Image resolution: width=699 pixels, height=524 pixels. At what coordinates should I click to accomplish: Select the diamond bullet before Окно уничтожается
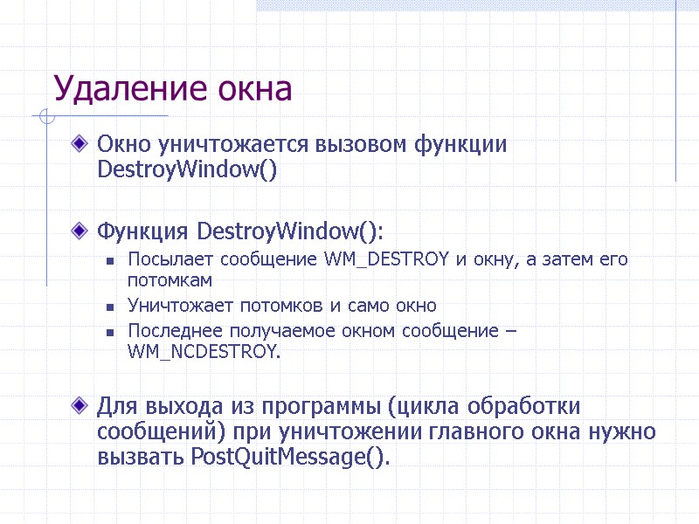tap(80, 142)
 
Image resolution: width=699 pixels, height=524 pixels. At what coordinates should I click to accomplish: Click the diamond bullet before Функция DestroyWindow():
tap(80, 231)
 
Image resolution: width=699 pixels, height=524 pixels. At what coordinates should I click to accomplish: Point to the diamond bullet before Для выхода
tap(80, 405)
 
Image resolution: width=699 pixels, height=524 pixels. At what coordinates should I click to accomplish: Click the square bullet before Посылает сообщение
tap(110, 260)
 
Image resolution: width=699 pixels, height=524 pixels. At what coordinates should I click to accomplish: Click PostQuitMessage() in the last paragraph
tap(288, 458)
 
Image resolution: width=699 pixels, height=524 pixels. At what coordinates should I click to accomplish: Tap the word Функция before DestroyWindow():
tap(143, 232)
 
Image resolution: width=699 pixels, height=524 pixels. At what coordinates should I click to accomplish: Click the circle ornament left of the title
tap(46, 116)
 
